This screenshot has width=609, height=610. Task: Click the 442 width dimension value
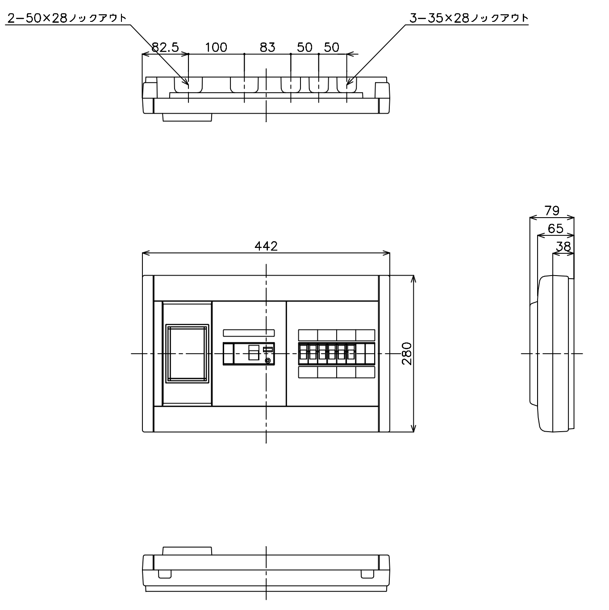click(266, 246)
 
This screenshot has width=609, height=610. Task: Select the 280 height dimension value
click(407, 354)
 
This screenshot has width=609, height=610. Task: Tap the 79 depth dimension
click(552, 210)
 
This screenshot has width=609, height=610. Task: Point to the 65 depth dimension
click(555, 229)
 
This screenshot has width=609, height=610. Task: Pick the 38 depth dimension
click(563, 246)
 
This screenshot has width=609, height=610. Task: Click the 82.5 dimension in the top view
click(165, 47)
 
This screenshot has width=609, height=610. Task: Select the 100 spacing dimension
click(216, 47)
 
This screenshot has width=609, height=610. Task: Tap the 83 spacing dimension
click(267, 47)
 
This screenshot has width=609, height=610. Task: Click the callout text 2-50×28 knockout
click(67, 18)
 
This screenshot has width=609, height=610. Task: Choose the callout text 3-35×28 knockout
click(468, 18)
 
